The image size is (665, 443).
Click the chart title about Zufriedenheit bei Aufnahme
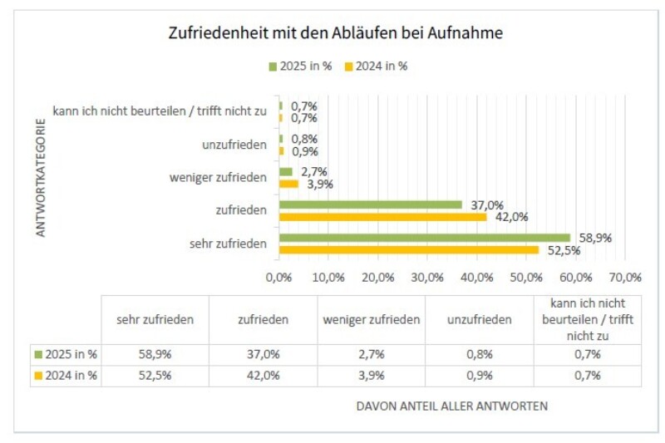336,34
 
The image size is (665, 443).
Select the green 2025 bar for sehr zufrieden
424,238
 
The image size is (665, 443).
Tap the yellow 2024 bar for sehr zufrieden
408,249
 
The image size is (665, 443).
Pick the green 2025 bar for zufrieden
370,204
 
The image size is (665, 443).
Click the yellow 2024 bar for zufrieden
382,217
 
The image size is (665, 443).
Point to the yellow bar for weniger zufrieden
288,184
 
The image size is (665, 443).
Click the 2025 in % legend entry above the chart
300,66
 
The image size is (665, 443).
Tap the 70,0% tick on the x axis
625,277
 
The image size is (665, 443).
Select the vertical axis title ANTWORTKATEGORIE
40,182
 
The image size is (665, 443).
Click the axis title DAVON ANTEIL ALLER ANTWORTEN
451,406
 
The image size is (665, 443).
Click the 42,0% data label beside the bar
511,217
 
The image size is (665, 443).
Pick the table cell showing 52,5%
154,376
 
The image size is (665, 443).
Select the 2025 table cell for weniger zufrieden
370,354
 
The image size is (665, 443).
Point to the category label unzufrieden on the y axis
234,145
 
